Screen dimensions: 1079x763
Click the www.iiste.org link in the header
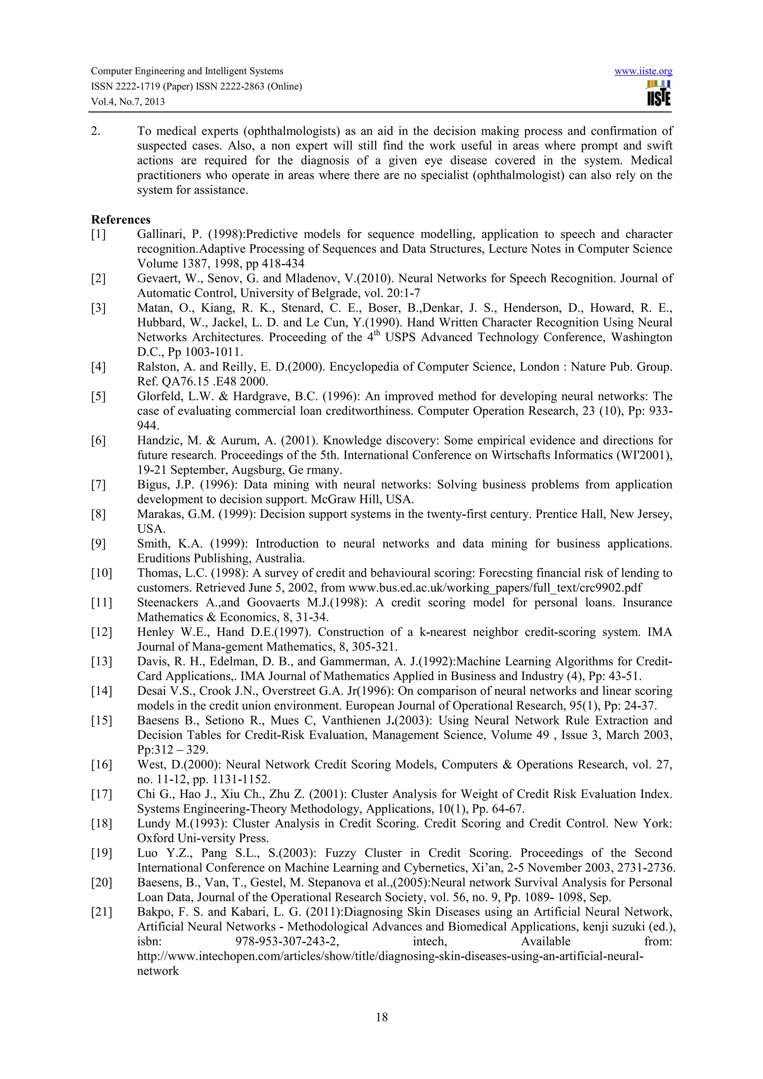(643, 71)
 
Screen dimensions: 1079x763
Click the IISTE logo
(659, 93)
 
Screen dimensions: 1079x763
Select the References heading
(121, 219)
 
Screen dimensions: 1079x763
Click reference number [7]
(98, 484)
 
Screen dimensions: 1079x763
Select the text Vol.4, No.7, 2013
(128, 102)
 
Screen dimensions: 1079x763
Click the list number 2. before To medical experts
(95, 131)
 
